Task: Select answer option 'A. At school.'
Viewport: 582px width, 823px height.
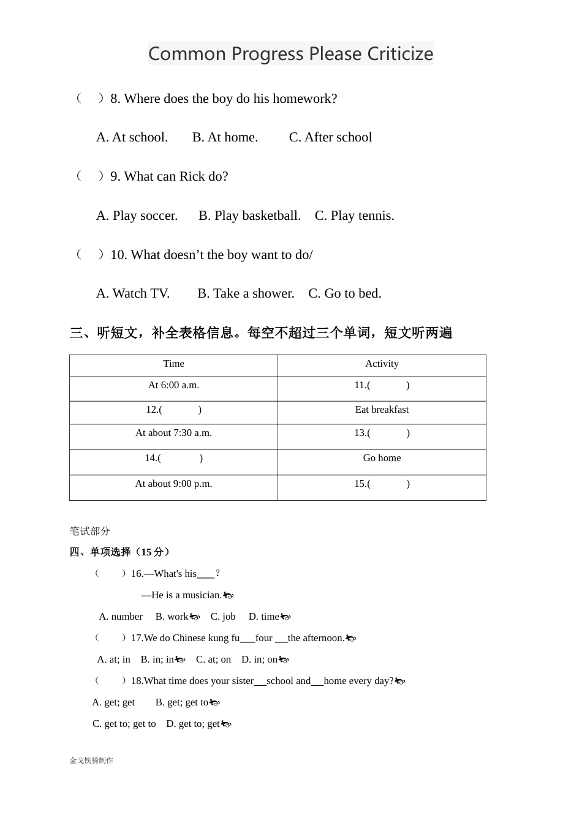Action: [x=132, y=137]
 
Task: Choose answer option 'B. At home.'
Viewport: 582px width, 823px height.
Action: [x=225, y=137]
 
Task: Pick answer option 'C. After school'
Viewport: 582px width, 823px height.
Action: [x=330, y=137]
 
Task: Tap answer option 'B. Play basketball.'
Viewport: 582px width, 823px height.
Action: [x=249, y=216]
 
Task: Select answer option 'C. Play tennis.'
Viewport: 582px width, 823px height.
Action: [x=354, y=216]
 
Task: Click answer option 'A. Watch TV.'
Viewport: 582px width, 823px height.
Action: [x=133, y=293]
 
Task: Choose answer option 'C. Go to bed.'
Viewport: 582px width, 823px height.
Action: [x=344, y=293]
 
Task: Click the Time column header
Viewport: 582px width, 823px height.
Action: [x=173, y=364]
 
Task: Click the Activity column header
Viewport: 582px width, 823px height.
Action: [x=382, y=364]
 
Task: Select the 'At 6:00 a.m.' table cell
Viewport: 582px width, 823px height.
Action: [x=173, y=385]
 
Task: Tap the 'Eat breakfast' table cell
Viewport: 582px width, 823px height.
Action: [x=382, y=410]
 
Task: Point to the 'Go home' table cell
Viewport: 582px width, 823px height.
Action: [x=382, y=458]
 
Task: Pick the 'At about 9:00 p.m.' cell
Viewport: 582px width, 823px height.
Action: [x=173, y=484]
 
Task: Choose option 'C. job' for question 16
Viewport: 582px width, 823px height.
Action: [x=223, y=617]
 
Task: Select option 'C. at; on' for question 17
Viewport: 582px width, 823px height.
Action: [x=213, y=660]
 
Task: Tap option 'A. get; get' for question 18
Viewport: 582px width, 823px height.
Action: [x=113, y=702]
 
